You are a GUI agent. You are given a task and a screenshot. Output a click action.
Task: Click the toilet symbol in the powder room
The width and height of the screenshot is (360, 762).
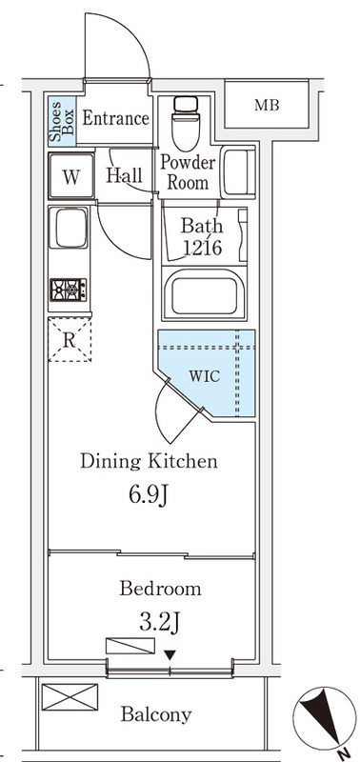click(x=186, y=124)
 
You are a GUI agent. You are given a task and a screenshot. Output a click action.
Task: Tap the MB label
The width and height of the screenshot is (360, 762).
click(x=267, y=105)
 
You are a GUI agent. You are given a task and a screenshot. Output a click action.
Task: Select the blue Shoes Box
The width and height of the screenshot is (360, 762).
click(x=62, y=121)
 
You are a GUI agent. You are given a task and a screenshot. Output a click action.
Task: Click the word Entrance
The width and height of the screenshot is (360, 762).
click(x=115, y=118)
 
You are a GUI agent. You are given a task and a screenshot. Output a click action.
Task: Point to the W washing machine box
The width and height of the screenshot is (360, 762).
click(x=71, y=175)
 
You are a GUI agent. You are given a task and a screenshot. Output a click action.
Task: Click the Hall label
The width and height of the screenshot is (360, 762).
click(x=124, y=175)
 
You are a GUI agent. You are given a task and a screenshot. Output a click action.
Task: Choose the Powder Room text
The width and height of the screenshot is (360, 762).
click(x=188, y=172)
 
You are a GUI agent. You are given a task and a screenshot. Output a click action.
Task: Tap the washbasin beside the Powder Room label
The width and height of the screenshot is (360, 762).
click(x=238, y=172)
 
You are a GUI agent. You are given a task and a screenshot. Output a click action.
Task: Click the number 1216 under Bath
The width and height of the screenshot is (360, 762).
click(x=203, y=248)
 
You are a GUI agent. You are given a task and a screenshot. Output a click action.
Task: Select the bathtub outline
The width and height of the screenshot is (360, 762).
click(x=204, y=293)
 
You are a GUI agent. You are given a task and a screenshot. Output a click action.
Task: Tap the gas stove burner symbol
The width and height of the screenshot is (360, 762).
click(x=69, y=291)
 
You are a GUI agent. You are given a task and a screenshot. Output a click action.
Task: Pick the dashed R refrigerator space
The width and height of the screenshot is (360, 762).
click(x=70, y=340)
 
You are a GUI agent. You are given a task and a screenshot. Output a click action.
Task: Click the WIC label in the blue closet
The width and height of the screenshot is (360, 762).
click(x=204, y=375)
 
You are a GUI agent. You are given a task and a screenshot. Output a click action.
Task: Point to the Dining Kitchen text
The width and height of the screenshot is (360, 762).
click(x=149, y=461)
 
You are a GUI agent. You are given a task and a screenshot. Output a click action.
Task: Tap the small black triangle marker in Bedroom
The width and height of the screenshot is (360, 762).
click(x=170, y=655)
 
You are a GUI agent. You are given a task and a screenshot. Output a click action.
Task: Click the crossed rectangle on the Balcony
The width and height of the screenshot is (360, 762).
click(x=70, y=697)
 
